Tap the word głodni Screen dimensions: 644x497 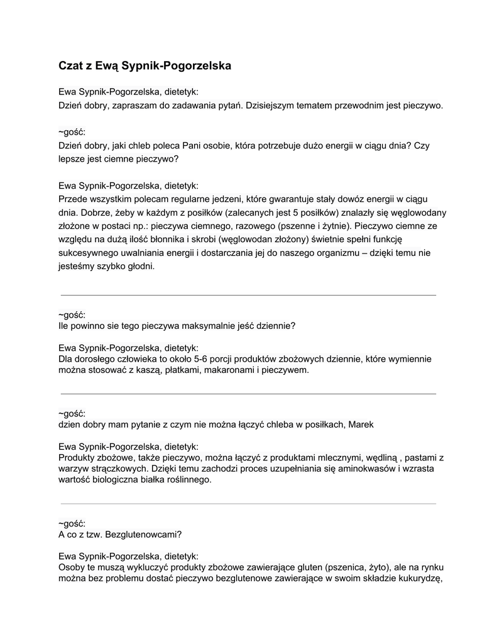tap(139, 266)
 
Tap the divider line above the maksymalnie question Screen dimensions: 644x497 tap(248, 295)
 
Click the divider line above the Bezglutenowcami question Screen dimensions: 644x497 tap(248, 504)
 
